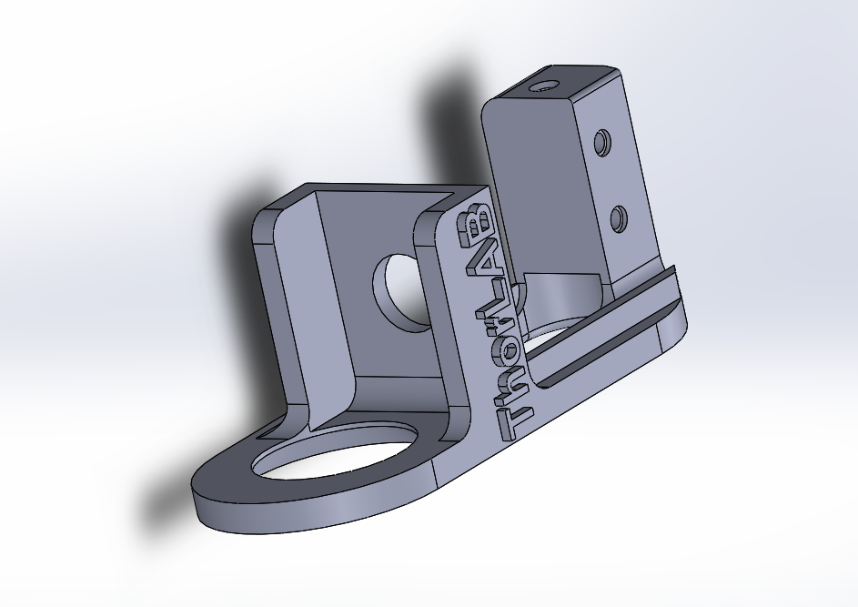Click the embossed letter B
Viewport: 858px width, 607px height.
tap(475, 226)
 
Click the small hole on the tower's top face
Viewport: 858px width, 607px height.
tap(544, 86)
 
